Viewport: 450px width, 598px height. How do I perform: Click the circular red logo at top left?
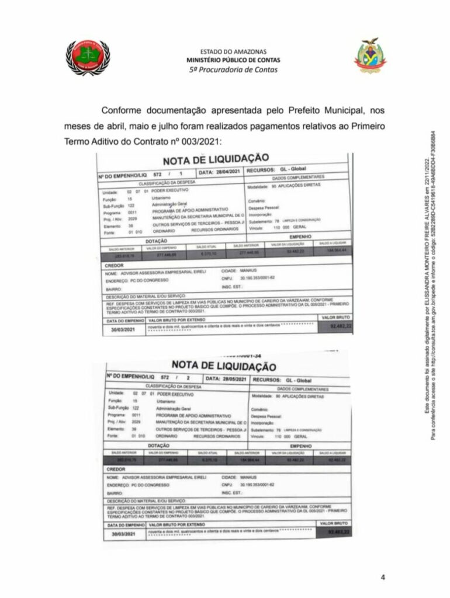click(x=88, y=57)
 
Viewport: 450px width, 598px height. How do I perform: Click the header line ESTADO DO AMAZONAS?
click(x=233, y=52)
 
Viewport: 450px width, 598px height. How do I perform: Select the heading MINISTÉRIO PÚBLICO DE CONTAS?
click(x=233, y=60)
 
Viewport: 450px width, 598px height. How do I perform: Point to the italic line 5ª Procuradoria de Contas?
click(x=233, y=69)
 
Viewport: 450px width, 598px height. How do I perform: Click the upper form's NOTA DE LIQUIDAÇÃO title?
click(x=216, y=159)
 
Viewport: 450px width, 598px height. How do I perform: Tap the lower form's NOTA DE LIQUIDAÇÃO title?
click(x=224, y=366)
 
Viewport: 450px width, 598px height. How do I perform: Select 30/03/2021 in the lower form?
click(x=126, y=534)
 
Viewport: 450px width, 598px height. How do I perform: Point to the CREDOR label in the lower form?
click(x=118, y=469)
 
